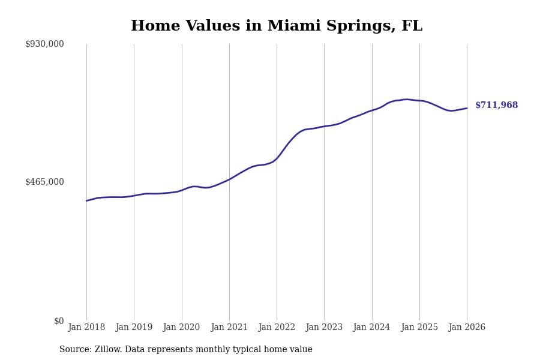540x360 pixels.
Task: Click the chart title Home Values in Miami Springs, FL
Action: click(x=277, y=26)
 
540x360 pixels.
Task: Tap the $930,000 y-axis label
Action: click(x=44, y=44)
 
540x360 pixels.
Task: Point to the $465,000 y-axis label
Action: click(x=44, y=182)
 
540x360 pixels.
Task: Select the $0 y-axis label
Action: click(x=59, y=321)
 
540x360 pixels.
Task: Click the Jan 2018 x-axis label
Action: click(x=86, y=328)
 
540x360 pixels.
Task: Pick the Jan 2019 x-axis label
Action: click(x=134, y=328)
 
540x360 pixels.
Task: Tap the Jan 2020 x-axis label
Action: click(x=181, y=328)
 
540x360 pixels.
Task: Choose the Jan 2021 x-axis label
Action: click(x=229, y=328)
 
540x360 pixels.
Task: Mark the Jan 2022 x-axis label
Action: click(x=277, y=328)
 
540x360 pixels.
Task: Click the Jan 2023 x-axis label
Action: click(x=324, y=328)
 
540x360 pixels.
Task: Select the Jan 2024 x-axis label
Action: click(x=371, y=328)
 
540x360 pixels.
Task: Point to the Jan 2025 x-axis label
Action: click(x=419, y=328)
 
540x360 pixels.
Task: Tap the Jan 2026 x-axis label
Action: click(x=467, y=328)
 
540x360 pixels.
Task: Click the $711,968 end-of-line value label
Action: click(x=496, y=106)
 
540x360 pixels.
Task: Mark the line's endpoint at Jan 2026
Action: click(x=467, y=108)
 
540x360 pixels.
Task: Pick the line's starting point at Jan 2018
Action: click(x=86, y=200)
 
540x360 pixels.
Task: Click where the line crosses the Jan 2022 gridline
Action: click(x=277, y=158)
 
